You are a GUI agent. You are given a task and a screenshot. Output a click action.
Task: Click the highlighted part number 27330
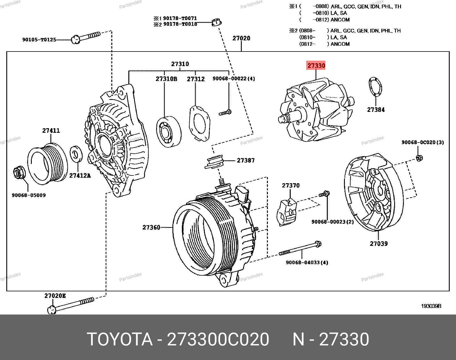click(316, 66)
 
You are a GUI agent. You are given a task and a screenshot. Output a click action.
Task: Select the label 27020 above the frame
click(241, 38)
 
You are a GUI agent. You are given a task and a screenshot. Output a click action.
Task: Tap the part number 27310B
click(166, 79)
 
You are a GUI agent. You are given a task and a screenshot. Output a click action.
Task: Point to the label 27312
click(196, 79)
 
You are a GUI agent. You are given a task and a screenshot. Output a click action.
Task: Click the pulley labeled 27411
click(48, 164)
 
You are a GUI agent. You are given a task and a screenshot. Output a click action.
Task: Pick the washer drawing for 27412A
click(76, 153)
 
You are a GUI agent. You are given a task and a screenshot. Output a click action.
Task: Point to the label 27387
click(245, 161)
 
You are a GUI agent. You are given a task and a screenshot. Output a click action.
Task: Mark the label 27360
click(151, 228)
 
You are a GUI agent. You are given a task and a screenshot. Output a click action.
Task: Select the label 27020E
click(55, 296)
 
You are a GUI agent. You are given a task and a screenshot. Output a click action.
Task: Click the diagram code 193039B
click(431, 306)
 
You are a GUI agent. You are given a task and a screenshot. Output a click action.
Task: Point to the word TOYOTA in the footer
click(119, 340)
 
